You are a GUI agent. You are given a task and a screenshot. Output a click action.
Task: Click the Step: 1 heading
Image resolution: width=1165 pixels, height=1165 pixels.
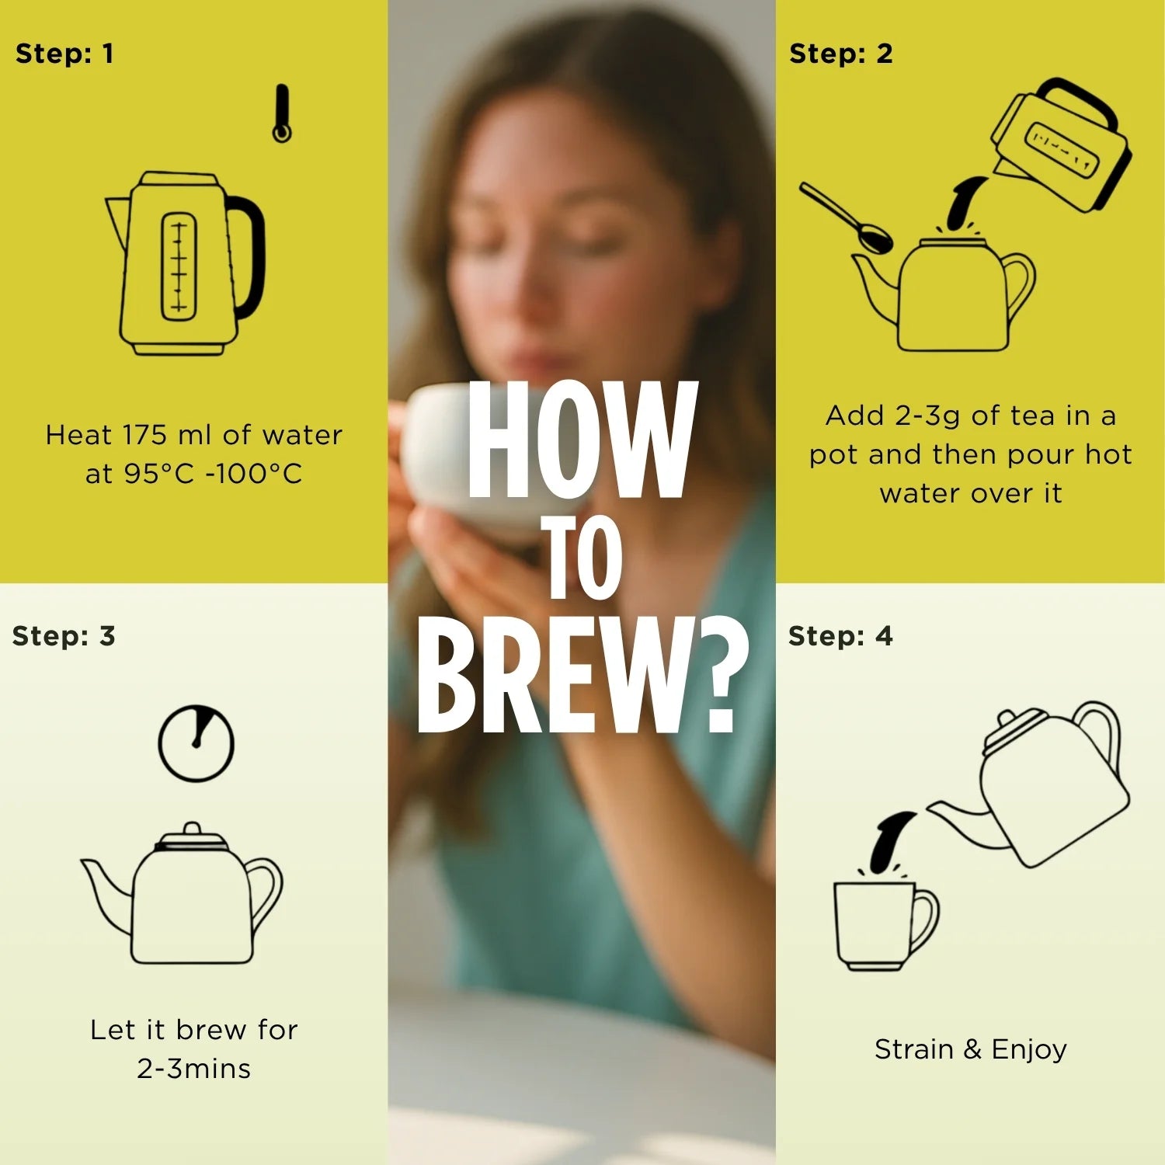click(x=64, y=54)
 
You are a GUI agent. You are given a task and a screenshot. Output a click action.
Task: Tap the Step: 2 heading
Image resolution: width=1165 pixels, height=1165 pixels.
click(x=841, y=54)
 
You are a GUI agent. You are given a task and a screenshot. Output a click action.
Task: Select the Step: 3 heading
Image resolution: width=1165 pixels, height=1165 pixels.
click(x=64, y=636)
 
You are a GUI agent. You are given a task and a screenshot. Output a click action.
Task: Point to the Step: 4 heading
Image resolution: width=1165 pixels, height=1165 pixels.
click(x=841, y=636)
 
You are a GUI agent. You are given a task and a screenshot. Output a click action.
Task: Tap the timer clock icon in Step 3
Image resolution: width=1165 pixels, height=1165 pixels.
click(x=196, y=742)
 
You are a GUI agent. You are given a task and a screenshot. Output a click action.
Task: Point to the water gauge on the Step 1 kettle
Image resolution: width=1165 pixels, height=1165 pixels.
click(x=179, y=266)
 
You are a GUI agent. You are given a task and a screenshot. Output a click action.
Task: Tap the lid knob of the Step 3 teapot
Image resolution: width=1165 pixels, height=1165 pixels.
click(x=192, y=830)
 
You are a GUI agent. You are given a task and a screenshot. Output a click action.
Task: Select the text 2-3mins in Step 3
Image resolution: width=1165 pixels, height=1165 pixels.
click(x=194, y=1069)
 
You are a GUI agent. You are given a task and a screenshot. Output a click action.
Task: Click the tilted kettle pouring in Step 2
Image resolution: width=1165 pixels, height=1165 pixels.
click(x=1060, y=148)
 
